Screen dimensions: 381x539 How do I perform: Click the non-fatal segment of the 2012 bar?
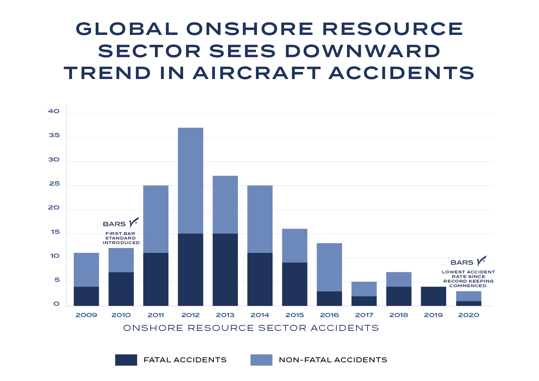190,180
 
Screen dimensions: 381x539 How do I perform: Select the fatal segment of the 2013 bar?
225,270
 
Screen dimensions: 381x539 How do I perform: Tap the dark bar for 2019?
433,296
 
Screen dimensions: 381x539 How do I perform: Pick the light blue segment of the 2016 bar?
329,267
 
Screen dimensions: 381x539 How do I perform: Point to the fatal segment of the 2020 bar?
468,303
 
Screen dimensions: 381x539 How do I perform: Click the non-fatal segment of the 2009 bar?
86,270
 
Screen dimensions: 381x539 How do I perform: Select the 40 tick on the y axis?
54,111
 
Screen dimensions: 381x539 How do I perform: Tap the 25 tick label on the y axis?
54,184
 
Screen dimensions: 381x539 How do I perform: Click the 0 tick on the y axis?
56,304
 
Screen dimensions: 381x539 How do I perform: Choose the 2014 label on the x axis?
260,315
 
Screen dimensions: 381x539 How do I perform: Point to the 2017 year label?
364,315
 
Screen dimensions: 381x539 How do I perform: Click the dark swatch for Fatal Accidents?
126,360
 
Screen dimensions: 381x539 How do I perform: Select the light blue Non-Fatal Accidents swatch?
261,360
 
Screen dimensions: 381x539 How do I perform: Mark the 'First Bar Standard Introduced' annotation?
121,238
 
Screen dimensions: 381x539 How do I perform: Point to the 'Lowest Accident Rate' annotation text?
468,279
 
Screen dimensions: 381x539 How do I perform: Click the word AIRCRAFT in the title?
257,73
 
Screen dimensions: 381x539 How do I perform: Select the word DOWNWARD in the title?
363,51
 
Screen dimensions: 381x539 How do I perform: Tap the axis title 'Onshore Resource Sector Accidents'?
251,328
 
